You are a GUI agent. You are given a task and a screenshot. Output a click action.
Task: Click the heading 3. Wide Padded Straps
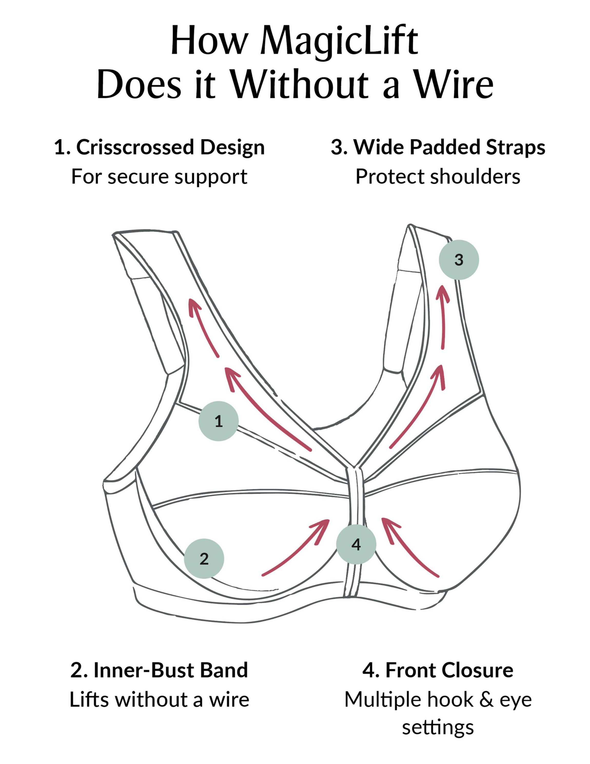tap(438, 147)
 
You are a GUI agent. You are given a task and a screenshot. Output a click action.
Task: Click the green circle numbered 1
tap(219, 421)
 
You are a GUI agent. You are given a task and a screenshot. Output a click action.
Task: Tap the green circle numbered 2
tap(204, 559)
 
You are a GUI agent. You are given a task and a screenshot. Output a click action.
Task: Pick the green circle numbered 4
tap(356, 544)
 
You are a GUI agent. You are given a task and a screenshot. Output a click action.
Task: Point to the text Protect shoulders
tap(438, 177)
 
